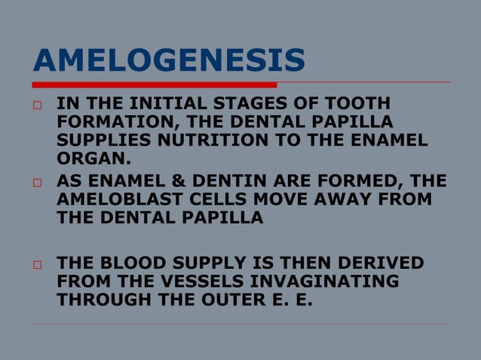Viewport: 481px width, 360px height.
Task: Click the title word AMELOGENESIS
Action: point(169,60)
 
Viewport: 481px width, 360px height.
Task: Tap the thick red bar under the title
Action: point(155,84)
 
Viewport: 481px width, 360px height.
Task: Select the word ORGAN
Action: point(92,158)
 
